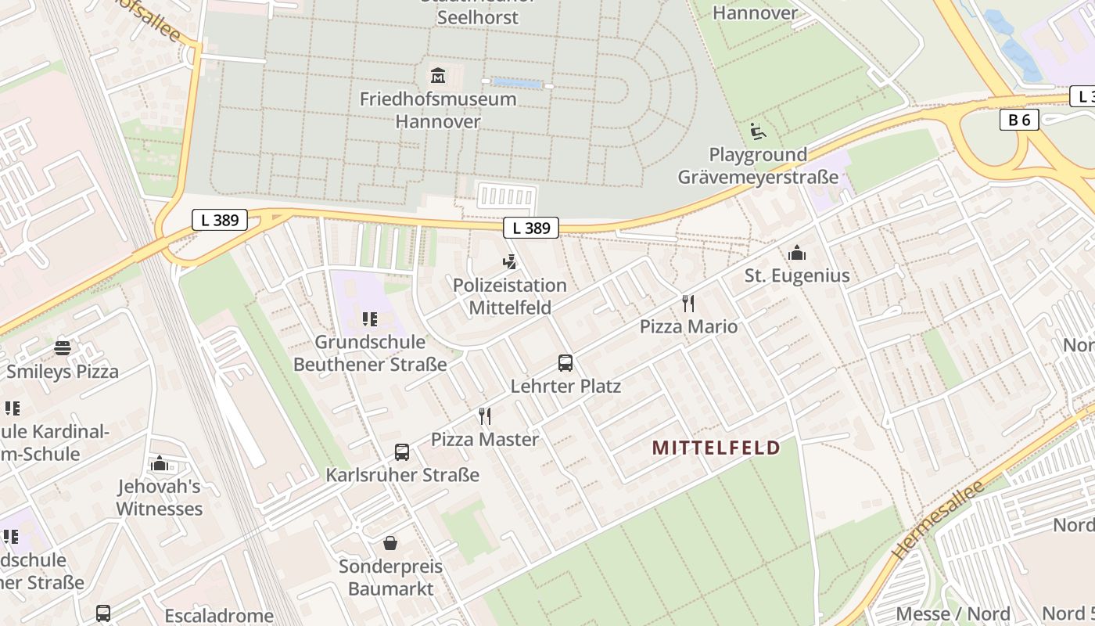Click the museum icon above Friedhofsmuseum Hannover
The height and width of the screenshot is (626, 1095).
coord(438,76)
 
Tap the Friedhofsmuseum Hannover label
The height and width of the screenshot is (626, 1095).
coord(438,110)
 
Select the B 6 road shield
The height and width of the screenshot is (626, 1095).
coord(1018,120)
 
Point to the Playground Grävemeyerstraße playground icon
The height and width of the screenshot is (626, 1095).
coord(757,131)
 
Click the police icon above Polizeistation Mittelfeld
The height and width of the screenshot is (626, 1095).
coord(510,261)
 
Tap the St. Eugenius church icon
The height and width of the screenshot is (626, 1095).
coord(797,253)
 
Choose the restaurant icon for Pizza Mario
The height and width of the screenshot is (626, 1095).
coord(688,304)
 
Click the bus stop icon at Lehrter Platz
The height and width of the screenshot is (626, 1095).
coord(565,363)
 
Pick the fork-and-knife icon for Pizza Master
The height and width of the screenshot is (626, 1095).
coord(485,416)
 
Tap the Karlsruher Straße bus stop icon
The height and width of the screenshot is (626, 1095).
coord(402,452)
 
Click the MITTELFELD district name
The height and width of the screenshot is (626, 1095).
coord(716,448)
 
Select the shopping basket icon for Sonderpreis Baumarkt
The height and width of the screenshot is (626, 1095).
coord(390,543)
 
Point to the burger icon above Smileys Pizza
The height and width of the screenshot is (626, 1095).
coord(63,348)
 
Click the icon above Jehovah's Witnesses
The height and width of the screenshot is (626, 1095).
coord(160,463)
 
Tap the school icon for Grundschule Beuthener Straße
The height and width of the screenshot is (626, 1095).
coord(370,319)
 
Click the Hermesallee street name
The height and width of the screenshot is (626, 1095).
coord(938,520)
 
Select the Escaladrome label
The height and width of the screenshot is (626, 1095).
coord(219,616)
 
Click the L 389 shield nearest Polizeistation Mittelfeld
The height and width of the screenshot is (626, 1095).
coord(531,228)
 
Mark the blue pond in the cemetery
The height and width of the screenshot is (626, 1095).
coord(517,83)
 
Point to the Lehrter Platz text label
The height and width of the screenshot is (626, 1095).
coord(565,386)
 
